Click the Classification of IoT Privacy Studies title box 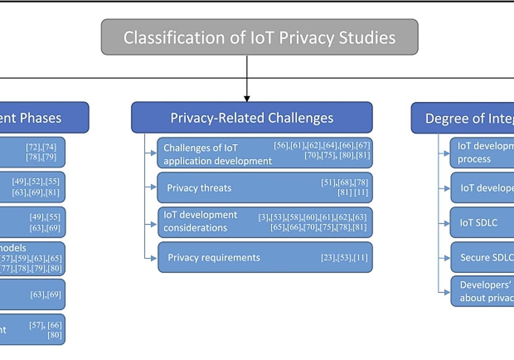(x=259, y=37)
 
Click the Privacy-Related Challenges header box (x=251, y=117)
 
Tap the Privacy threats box (x=264, y=187)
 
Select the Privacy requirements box (x=265, y=257)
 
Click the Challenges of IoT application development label (x=217, y=154)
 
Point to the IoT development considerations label (x=200, y=221)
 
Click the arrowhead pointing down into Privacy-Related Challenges (x=247, y=98)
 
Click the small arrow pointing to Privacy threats (x=153, y=187)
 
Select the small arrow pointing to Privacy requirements (x=153, y=258)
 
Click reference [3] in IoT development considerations (x=263, y=217)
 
